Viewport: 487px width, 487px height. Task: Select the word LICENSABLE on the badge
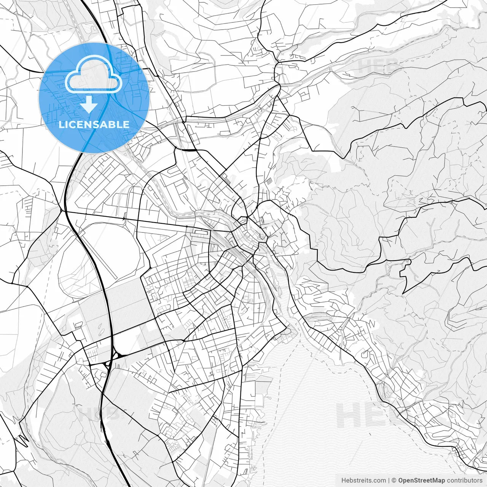(x=94, y=124)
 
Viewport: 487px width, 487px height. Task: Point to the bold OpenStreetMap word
(x=422, y=481)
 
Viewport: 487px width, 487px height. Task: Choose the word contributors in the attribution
(x=465, y=481)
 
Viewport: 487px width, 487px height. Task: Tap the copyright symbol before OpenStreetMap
(x=394, y=481)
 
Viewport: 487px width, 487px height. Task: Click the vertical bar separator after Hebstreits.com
(x=389, y=481)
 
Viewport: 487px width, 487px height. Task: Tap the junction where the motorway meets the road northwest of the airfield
(x=62, y=210)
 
